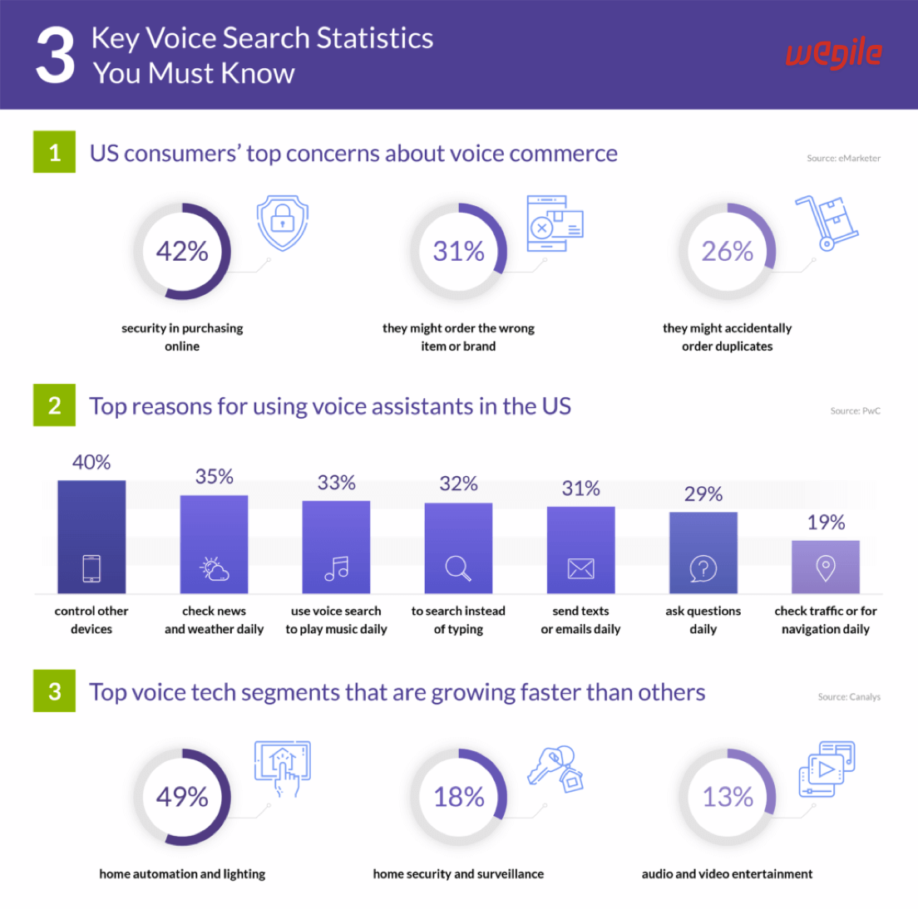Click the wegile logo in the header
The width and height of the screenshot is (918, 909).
pyautogui.click(x=833, y=55)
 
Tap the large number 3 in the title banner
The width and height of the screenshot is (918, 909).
pyautogui.click(x=55, y=55)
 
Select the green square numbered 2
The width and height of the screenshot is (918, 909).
pyautogui.click(x=54, y=405)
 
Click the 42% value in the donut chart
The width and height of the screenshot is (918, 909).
pyautogui.click(x=182, y=251)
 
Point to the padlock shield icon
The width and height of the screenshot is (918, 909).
pyautogui.click(x=283, y=222)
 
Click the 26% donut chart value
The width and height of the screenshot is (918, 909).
pyautogui.click(x=727, y=251)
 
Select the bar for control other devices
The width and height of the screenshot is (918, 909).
pyautogui.click(x=91, y=536)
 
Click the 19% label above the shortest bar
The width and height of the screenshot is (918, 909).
pyautogui.click(x=826, y=523)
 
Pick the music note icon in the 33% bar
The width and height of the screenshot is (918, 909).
pyautogui.click(x=336, y=568)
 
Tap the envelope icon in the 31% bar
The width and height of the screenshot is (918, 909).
pyautogui.click(x=580, y=568)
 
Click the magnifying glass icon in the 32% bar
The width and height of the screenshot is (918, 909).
pyautogui.click(x=458, y=568)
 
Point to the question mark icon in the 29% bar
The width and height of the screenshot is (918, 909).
pyautogui.click(x=703, y=568)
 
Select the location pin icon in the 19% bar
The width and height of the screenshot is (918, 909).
pyautogui.click(x=826, y=568)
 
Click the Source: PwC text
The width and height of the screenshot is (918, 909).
pyautogui.click(x=855, y=410)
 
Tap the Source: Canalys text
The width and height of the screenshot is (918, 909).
pyautogui.click(x=849, y=697)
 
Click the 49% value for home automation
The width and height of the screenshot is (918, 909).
pyautogui.click(x=182, y=797)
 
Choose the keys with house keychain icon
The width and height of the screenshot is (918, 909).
pyautogui.click(x=555, y=769)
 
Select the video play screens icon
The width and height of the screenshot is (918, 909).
pyautogui.click(x=827, y=769)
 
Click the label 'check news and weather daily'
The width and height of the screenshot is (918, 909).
pyautogui.click(x=214, y=620)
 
